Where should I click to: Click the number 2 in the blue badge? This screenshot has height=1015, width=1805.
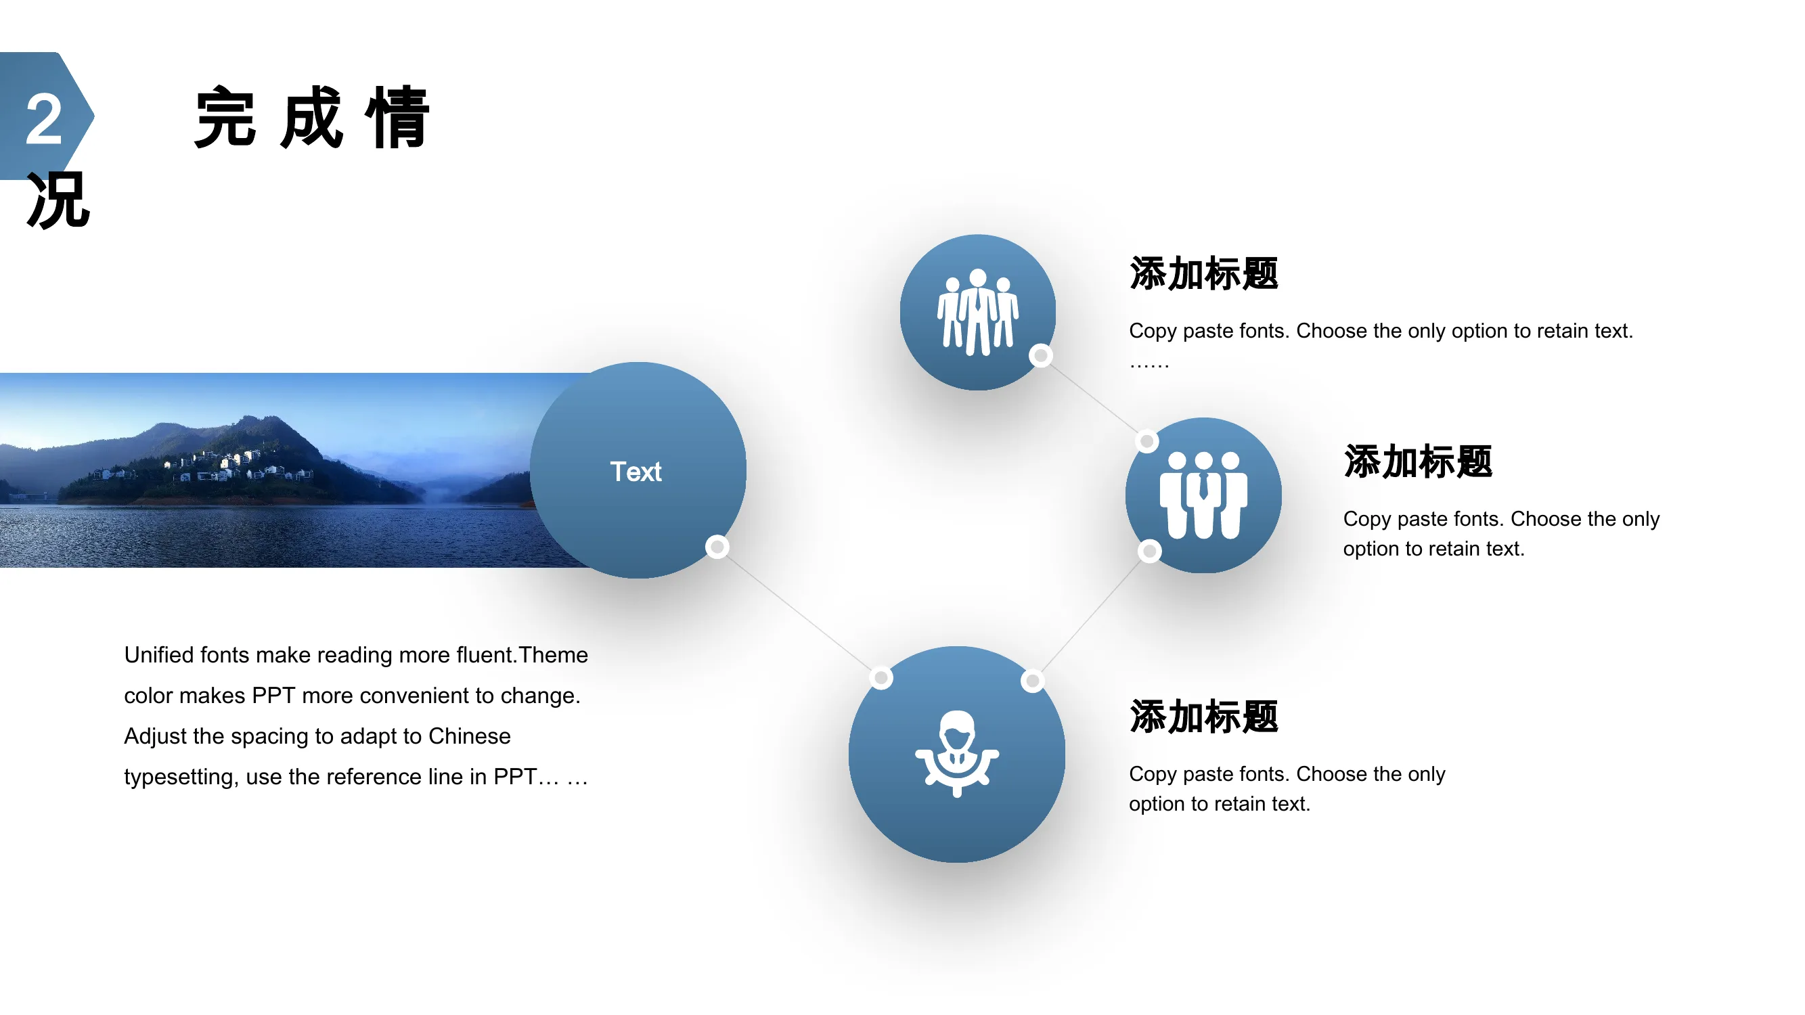44,120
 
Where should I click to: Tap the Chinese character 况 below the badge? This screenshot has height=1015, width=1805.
59,201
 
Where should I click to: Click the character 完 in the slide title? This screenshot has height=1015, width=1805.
225,117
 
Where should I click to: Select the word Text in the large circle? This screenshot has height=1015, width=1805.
636,472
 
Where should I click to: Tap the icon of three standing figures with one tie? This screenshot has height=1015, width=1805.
1203,495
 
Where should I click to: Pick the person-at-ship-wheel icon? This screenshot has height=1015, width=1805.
957,754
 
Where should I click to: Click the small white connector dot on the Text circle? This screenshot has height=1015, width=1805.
717,546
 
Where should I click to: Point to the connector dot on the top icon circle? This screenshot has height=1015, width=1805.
1041,356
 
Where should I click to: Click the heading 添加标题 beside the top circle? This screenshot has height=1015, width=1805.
1204,273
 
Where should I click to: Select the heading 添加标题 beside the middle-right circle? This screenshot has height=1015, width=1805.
1419,461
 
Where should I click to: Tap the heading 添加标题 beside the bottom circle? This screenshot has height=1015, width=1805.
1204,717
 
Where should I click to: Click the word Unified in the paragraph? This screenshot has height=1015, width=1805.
159,654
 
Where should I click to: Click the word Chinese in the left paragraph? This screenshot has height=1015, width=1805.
470,736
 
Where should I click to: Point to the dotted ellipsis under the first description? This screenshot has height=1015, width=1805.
1149,365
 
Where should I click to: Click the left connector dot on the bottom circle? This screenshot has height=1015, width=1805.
881,677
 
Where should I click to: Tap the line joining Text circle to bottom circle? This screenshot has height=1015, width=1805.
799,612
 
